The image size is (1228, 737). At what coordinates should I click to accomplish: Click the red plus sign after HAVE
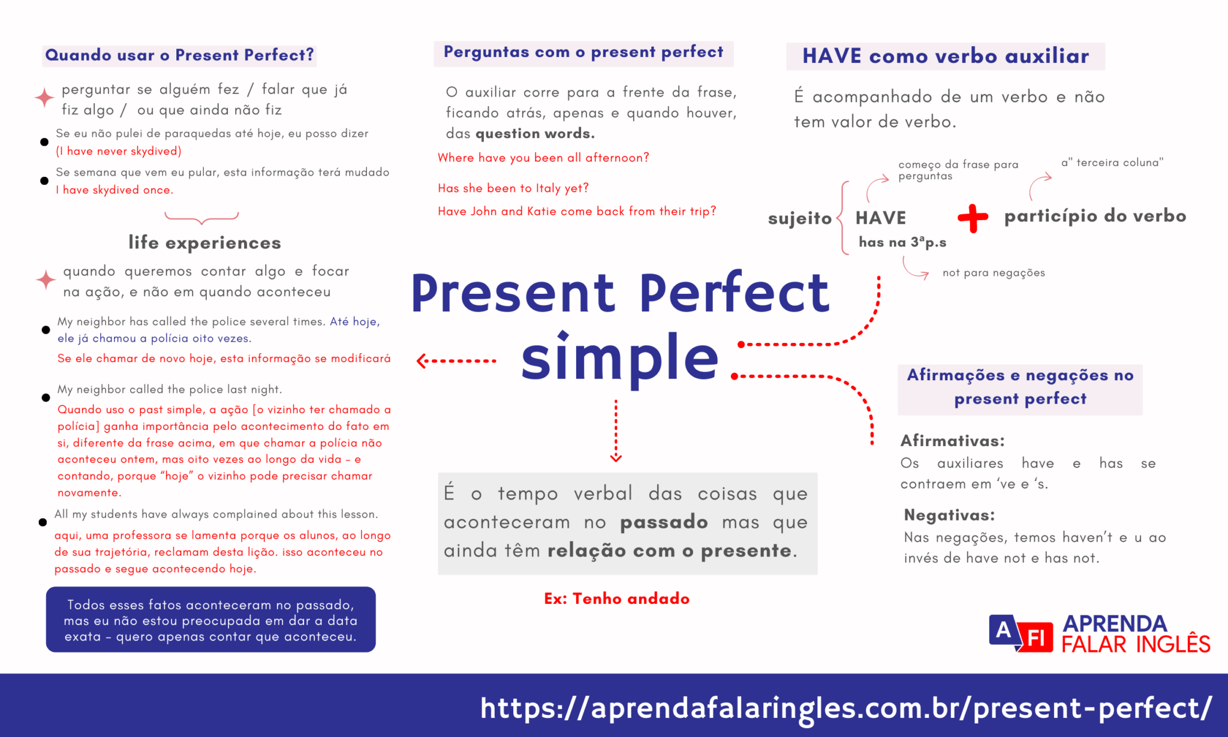coord(973,218)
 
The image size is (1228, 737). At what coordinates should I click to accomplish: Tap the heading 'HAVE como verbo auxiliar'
coord(945,56)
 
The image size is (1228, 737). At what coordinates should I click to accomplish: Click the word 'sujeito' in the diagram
coord(799,218)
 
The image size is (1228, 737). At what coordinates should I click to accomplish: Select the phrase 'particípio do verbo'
coord(1095,216)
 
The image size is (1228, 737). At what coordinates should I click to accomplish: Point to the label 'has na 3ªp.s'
coord(902,242)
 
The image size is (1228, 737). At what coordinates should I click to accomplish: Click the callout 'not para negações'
coord(993,273)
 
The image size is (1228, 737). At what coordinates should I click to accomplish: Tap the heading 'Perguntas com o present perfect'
coord(583,53)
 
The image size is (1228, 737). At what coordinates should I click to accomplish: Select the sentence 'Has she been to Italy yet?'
coord(513,188)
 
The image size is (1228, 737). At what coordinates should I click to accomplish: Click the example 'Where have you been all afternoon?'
coord(543,158)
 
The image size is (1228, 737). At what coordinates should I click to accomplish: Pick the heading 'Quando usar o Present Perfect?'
coord(179,55)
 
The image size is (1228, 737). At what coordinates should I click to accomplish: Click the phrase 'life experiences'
coord(204,243)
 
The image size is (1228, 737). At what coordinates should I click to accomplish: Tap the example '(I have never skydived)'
coord(119,151)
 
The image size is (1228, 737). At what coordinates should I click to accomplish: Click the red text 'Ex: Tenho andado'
coord(616,598)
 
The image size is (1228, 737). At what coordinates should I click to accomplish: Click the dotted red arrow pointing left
coord(456,361)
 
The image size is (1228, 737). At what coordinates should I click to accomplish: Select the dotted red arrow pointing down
coord(616,431)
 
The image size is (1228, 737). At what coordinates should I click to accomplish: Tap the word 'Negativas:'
coord(949,515)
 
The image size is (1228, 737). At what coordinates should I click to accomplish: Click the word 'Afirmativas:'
coord(952,441)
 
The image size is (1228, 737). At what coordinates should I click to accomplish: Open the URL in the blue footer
coord(845,708)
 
